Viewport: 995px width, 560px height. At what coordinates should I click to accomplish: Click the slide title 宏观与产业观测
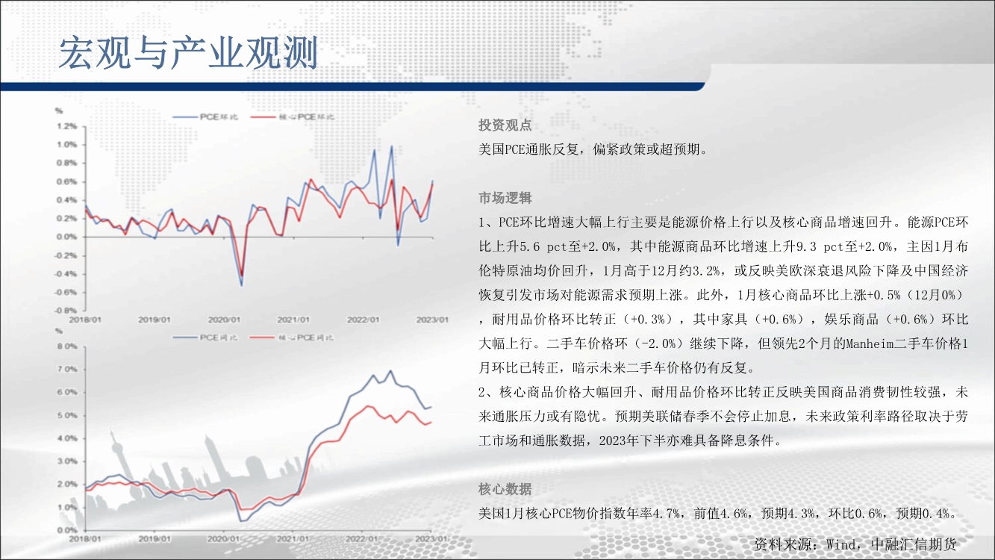pos(188,53)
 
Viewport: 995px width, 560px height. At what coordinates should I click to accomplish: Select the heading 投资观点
pos(505,125)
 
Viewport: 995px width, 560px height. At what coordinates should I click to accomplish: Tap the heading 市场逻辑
pos(505,198)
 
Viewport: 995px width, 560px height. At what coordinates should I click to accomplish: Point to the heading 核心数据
pos(505,489)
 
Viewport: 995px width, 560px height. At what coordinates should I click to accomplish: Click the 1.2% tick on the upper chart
pos(66,126)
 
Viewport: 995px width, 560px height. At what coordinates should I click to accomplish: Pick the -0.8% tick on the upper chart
pos(66,310)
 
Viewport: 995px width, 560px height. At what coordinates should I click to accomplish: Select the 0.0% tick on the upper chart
pos(66,237)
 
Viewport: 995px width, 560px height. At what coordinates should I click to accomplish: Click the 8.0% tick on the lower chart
pos(67,346)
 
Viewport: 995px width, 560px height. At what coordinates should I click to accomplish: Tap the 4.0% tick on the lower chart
pos(67,438)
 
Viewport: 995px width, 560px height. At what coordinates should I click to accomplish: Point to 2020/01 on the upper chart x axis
pos(224,320)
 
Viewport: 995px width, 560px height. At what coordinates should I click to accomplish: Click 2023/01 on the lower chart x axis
pos(431,538)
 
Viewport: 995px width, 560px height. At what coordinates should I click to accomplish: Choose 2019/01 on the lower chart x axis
pos(154,538)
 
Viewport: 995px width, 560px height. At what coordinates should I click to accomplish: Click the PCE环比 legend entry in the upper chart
pos(205,117)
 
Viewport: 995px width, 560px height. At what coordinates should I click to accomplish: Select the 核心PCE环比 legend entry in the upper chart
pos(293,117)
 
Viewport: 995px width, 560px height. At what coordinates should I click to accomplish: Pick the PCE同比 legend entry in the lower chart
pos(205,337)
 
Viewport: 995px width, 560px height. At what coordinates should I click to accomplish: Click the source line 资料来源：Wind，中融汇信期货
pos(855,544)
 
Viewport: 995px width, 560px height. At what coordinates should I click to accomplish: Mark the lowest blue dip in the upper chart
pos(242,285)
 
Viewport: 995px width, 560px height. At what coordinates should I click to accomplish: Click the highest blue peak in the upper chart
pos(392,146)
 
